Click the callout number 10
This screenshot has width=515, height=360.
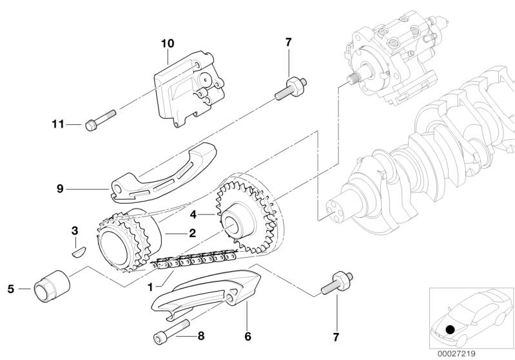[168, 44]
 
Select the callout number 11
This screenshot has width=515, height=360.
[58, 124]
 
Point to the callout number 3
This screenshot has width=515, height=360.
[74, 230]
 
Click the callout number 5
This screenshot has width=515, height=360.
[10, 289]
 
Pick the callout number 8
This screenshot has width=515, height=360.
[201, 336]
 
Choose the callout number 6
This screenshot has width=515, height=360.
[248, 336]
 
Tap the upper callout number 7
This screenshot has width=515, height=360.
[288, 43]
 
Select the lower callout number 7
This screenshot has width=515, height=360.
[336, 335]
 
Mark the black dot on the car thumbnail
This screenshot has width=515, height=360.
[451, 330]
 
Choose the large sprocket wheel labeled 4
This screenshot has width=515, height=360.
[248, 213]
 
